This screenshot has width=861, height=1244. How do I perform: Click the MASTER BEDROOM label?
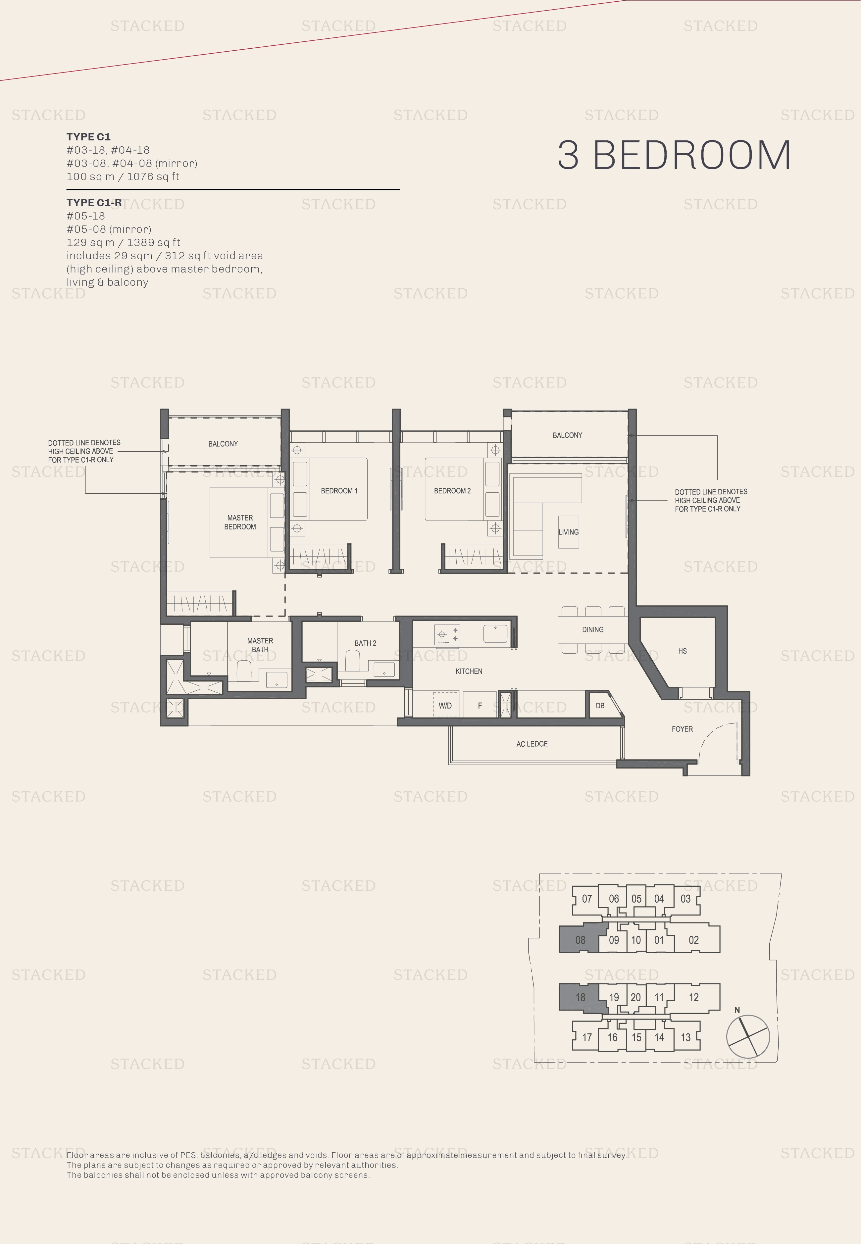240,522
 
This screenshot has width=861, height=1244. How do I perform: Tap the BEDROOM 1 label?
339,491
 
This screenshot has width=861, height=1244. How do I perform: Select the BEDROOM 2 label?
452,491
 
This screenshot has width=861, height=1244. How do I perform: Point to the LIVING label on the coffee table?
568,532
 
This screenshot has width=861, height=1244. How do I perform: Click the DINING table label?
592,629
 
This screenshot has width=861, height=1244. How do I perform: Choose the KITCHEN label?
469,671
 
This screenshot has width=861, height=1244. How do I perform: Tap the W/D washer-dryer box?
445,705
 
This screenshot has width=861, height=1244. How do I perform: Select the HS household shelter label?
683,651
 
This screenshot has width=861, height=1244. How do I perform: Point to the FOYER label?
682,729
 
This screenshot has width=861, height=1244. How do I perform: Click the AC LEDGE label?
532,744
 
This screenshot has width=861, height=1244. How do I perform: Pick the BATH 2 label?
365,643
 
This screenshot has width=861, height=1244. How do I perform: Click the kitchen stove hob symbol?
447,635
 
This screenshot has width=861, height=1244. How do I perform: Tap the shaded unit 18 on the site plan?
581,997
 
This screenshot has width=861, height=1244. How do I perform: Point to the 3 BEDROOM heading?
674,155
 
